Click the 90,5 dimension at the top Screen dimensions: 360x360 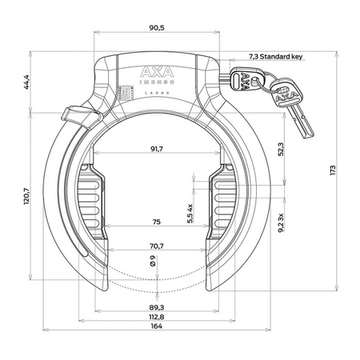click(x=157, y=28)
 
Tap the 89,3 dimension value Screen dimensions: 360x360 click(x=158, y=306)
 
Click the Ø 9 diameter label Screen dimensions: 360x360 click(x=153, y=260)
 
